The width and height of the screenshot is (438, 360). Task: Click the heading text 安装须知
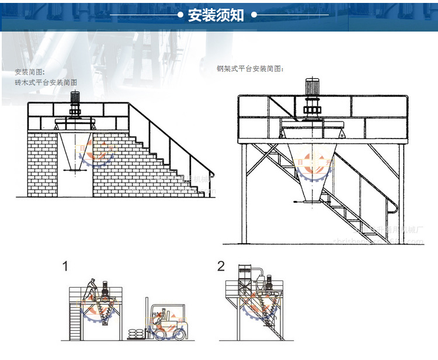click(216, 15)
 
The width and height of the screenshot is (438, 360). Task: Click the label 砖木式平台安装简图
click(46, 83)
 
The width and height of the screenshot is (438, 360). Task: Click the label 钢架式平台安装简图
click(250, 68)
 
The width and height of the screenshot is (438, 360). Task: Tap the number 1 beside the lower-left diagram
click(65, 267)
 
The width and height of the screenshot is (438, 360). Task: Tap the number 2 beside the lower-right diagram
click(221, 267)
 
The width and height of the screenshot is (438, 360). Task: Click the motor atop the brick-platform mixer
click(75, 102)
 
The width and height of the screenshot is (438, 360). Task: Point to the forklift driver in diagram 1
click(157, 319)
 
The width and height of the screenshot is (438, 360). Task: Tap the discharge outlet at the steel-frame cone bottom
click(310, 200)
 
